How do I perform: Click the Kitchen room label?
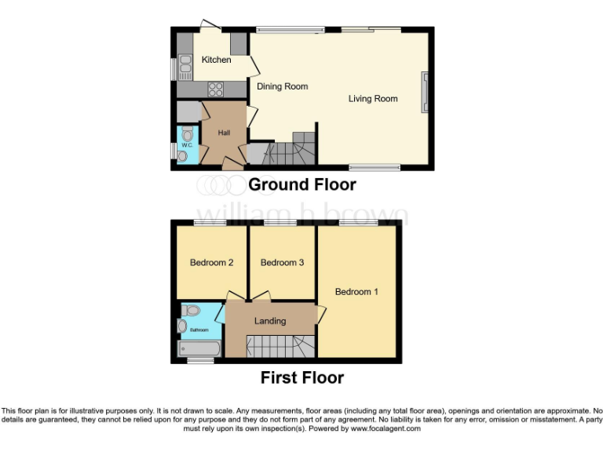click(x=216, y=60)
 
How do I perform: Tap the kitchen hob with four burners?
click(x=215, y=89)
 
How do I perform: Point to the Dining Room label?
click(x=282, y=86)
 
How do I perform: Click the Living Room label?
click(x=373, y=99)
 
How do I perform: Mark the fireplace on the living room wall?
click(x=425, y=93)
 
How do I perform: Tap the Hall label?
click(x=224, y=133)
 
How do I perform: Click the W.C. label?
click(x=187, y=146)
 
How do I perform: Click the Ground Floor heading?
click(x=301, y=185)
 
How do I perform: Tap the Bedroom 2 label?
click(x=211, y=263)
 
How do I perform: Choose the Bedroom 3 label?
click(x=282, y=263)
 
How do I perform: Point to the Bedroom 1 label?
click(x=356, y=292)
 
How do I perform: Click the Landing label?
click(x=269, y=321)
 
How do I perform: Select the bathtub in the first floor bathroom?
click(x=200, y=348)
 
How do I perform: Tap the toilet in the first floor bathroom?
click(x=192, y=311)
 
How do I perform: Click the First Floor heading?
click(x=301, y=378)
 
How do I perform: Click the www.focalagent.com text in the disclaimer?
click(x=385, y=429)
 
